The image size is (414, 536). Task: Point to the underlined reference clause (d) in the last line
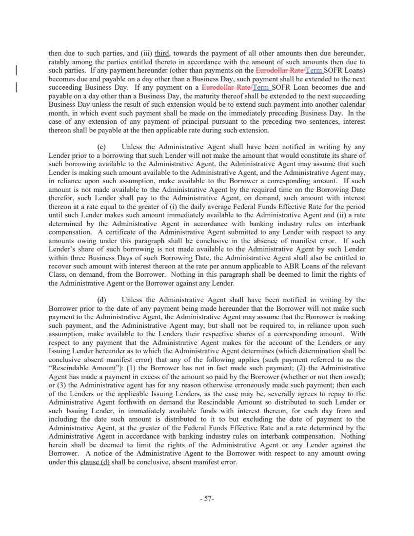point(95,462)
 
